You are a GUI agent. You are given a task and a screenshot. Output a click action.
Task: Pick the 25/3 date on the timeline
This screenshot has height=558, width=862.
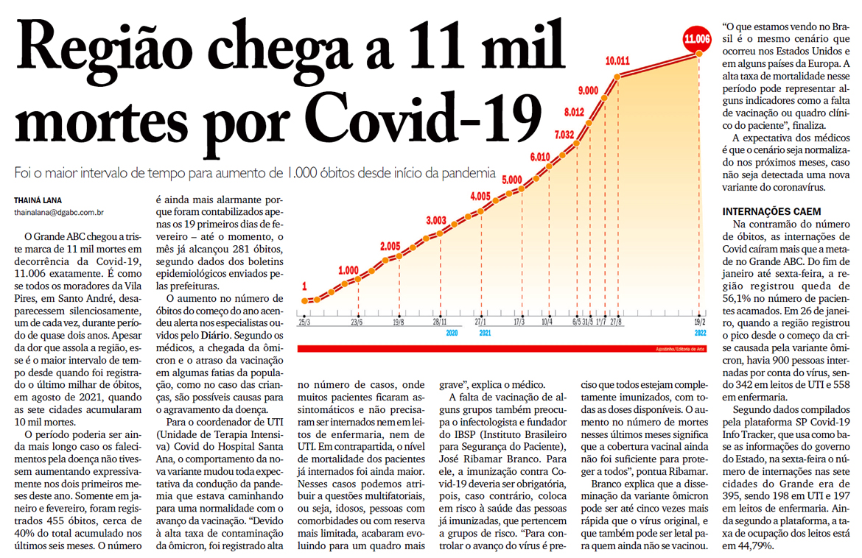click(x=304, y=322)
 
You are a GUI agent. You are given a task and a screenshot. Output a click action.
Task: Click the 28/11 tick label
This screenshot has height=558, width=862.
click(x=439, y=322)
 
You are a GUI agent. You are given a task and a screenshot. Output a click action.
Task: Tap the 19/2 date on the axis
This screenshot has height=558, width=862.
click(x=698, y=322)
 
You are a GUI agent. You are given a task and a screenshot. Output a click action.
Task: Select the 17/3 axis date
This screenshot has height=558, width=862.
click(x=519, y=322)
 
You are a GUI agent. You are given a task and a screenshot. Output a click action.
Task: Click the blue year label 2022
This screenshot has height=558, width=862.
click(x=698, y=332)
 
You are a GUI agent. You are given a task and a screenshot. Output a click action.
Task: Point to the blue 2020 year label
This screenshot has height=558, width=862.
click(x=452, y=332)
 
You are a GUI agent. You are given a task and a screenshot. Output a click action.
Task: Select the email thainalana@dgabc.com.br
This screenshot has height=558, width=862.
click(x=59, y=213)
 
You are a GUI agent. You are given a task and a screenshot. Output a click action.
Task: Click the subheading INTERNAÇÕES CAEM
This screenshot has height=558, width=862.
click(x=771, y=211)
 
